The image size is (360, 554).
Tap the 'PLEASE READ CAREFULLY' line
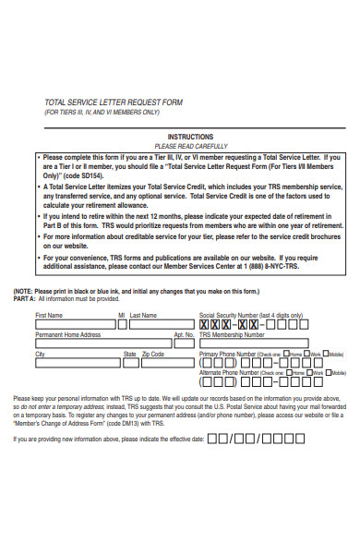click(x=191, y=146)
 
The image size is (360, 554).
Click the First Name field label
click(x=49, y=315)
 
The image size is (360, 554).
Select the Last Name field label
click(x=143, y=315)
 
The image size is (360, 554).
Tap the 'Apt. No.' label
click(x=184, y=334)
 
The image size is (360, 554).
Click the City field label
click(x=40, y=354)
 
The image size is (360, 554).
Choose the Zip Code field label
click(x=152, y=354)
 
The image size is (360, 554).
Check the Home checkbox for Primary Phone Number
click(x=286, y=354)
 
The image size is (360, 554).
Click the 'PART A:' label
click(x=25, y=298)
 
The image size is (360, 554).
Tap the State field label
click(x=130, y=354)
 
